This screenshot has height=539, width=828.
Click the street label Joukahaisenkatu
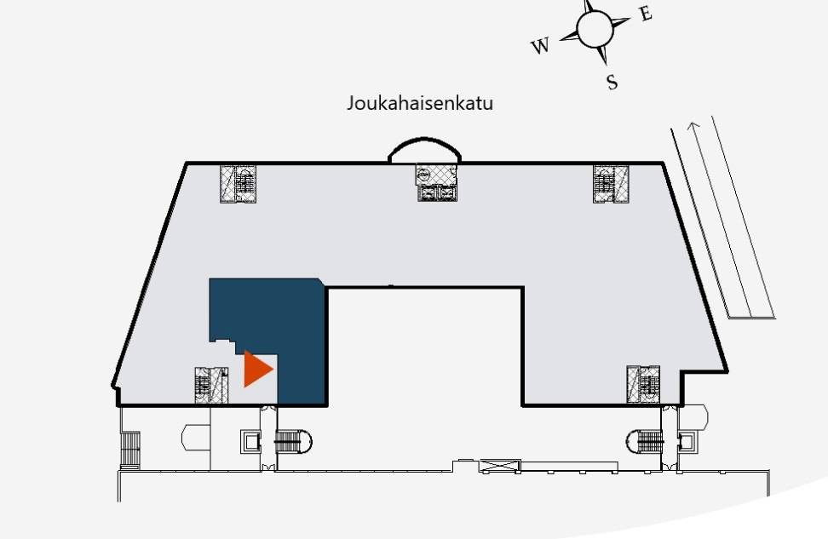click(x=420, y=103)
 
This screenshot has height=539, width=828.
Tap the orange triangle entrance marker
click(x=256, y=369)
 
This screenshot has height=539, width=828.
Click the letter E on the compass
click(x=647, y=14)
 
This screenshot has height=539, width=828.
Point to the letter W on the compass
click(x=540, y=47)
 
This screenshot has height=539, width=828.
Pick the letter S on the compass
click(x=612, y=82)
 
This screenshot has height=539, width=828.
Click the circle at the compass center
click(x=595, y=30)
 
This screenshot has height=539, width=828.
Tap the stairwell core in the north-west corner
click(x=239, y=184)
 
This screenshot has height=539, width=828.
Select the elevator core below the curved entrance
click(x=437, y=183)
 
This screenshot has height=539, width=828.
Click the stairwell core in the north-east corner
click(x=611, y=184)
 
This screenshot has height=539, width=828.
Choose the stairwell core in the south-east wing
click(x=643, y=384)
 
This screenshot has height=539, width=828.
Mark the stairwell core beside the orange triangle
click(x=212, y=386)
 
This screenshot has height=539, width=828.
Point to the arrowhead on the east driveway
click(x=693, y=126)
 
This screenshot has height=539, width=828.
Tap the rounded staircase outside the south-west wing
click(x=294, y=441)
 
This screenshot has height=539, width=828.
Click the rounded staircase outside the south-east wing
click(x=645, y=441)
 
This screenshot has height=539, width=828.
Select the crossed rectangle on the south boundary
click(x=499, y=466)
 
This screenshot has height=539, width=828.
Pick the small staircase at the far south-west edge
click(x=130, y=450)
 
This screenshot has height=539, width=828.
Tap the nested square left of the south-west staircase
click(x=250, y=441)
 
